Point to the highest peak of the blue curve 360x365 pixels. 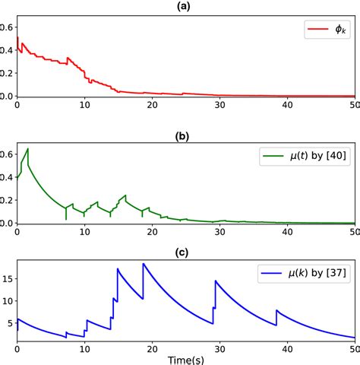point(144,264)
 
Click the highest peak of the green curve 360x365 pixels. point(28,148)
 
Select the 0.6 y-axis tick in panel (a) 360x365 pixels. point(7,27)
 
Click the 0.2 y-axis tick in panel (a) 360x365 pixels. point(7,74)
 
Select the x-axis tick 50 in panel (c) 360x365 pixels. point(353,348)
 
